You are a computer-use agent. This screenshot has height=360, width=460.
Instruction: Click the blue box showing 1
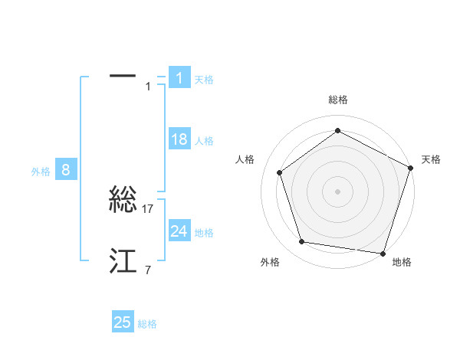click(x=179, y=78)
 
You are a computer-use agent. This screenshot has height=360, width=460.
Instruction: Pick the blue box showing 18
click(x=179, y=139)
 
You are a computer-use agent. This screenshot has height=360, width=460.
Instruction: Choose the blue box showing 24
click(x=179, y=231)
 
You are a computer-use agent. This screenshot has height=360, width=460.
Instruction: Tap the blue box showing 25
click(x=123, y=322)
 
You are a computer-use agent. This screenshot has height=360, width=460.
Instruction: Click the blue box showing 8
click(x=66, y=170)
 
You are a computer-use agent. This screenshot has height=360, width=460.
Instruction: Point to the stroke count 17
click(x=149, y=208)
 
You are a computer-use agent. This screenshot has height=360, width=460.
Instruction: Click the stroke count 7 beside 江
click(x=148, y=270)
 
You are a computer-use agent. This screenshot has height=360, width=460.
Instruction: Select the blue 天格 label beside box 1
click(x=204, y=79)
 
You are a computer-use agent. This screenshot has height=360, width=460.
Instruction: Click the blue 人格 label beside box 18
click(x=204, y=140)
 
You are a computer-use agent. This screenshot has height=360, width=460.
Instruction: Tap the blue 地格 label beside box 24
click(x=204, y=232)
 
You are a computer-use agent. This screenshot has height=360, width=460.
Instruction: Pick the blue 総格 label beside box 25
click(x=147, y=323)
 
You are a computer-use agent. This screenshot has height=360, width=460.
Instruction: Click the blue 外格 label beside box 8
click(x=41, y=172)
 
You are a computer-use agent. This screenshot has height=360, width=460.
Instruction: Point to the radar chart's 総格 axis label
click(x=338, y=100)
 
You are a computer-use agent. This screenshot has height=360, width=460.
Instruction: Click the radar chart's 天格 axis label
click(x=432, y=159)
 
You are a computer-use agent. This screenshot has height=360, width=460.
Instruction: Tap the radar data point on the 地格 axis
click(x=383, y=253)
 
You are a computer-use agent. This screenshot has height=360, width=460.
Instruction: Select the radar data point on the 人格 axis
click(x=280, y=172)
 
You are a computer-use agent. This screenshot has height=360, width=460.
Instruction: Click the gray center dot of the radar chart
click(x=338, y=191)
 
